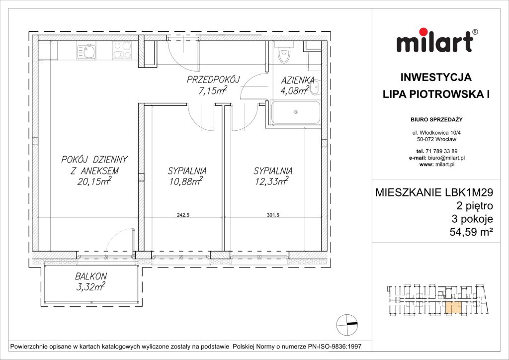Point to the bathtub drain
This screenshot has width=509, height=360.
pyautogui.click(x=296, y=112)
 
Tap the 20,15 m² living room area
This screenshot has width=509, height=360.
pyautogui.click(x=94, y=182)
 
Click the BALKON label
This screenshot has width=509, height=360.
pyautogui.click(x=91, y=276)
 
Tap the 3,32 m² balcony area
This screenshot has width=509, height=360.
pyautogui.click(x=91, y=286)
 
